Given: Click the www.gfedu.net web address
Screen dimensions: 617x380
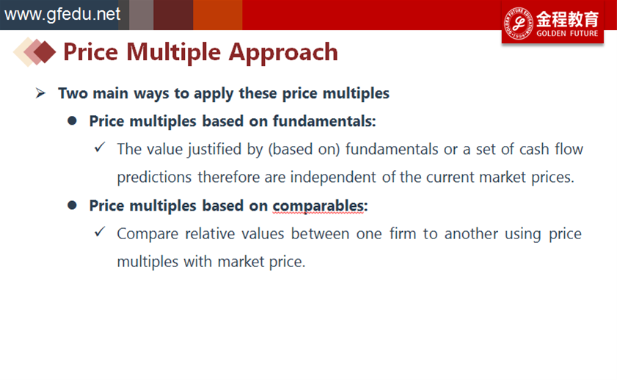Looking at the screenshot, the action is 62,15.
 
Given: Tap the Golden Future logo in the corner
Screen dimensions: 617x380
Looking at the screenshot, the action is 552,23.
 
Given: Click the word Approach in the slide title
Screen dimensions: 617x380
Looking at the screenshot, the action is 283,52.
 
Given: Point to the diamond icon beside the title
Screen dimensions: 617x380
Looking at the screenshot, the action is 34,51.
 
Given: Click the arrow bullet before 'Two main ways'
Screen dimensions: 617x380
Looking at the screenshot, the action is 40,93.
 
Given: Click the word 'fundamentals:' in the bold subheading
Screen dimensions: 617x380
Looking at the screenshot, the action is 324,121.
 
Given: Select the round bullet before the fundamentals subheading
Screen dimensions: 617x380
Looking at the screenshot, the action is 72,121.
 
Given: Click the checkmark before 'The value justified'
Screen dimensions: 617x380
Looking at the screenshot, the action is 100,147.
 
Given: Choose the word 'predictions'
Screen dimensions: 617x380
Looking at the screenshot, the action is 154,178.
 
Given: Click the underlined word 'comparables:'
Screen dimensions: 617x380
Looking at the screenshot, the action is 320,206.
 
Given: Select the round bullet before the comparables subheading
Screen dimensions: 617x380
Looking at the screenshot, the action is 72,205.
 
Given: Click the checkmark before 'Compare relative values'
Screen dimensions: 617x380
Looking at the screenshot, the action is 100,232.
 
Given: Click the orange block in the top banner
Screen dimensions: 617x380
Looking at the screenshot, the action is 218,15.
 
